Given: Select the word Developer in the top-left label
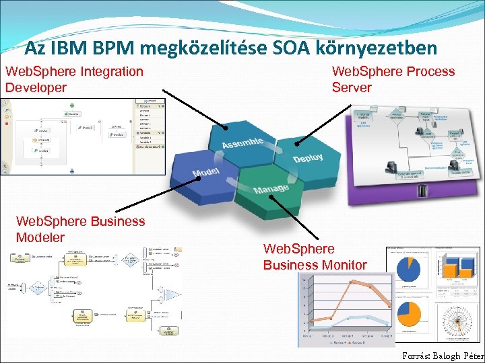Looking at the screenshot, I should point(36,87).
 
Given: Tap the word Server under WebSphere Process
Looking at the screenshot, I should point(352,87).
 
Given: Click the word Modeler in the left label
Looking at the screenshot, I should point(40,237).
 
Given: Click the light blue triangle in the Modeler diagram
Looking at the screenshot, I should point(173,294).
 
